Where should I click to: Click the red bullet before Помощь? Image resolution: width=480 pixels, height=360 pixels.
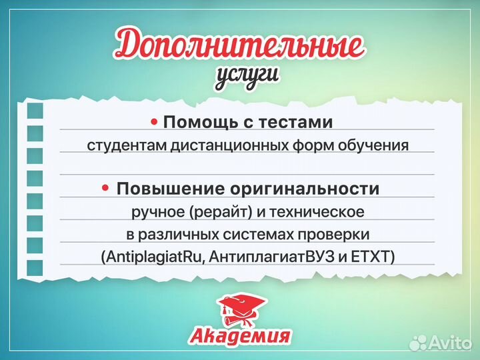pyautogui.click(x=154, y=122)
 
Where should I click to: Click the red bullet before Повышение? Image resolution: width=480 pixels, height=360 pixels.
pyautogui.click(x=105, y=188)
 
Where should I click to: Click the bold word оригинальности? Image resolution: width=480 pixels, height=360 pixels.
pyautogui.click(x=301, y=189)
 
